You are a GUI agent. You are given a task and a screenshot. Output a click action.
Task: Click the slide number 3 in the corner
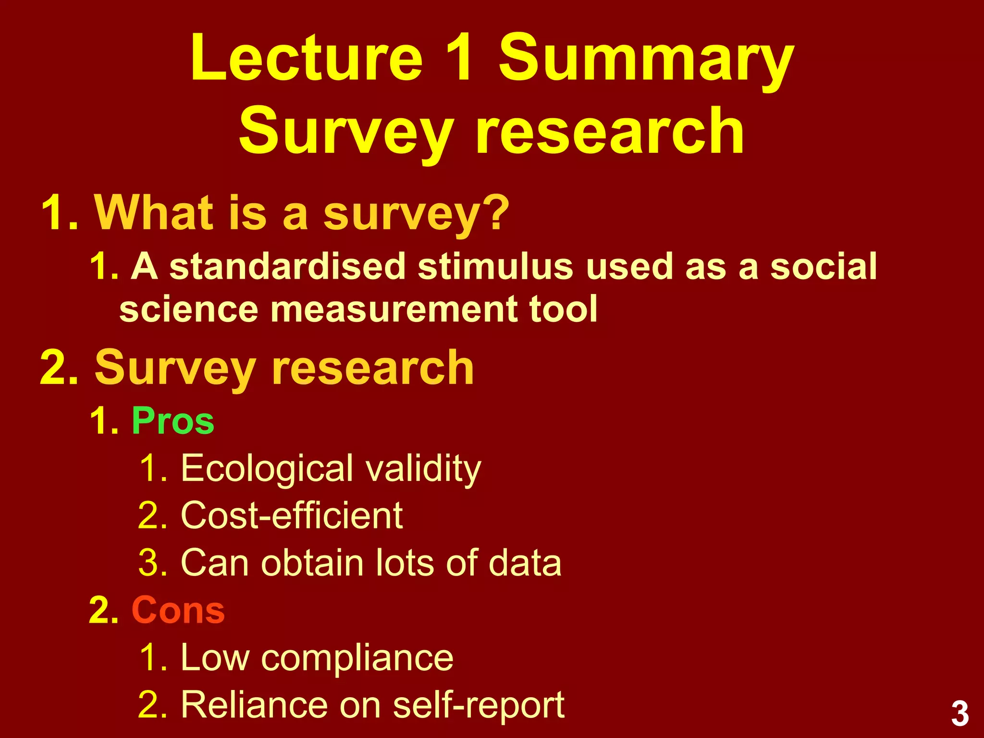(x=959, y=714)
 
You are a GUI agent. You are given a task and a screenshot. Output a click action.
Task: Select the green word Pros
(x=173, y=421)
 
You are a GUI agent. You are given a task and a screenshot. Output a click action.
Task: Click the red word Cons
(x=178, y=610)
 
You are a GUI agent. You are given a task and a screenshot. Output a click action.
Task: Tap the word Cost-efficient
(x=292, y=516)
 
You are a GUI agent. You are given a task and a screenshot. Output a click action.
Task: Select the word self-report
(x=479, y=705)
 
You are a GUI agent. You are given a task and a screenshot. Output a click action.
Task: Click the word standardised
(x=288, y=266)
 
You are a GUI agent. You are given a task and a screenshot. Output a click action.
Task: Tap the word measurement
(x=394, y=309)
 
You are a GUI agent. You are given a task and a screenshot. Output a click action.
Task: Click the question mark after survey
(x=498, y=212)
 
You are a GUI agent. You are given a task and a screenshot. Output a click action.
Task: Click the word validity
(x=423, y=469)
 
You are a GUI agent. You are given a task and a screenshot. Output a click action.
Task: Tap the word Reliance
(x=255, y=705)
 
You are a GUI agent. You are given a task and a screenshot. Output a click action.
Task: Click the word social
(x=824, y=266)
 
